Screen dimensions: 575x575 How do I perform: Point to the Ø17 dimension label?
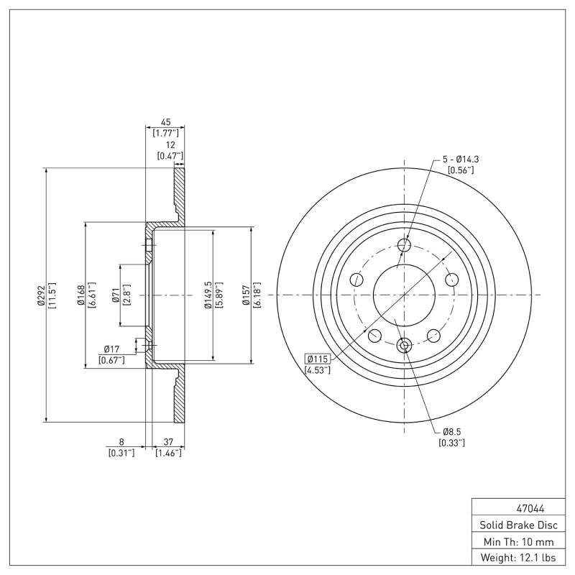click(111, 350)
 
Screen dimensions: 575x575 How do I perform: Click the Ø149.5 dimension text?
click(208, 295)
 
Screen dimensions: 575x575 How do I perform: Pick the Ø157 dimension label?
click(246, 295)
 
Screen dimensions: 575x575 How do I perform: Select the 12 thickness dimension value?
click(170, 145)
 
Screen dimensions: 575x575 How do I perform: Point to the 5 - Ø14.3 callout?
click(460, 160)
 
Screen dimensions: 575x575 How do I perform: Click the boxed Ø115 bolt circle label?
click(318, 359)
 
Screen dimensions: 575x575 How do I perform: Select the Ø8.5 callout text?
click(451, 431)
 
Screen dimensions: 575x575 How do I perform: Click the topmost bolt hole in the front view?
click(404, 246)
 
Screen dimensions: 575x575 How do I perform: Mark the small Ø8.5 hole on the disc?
click(404, 346)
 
